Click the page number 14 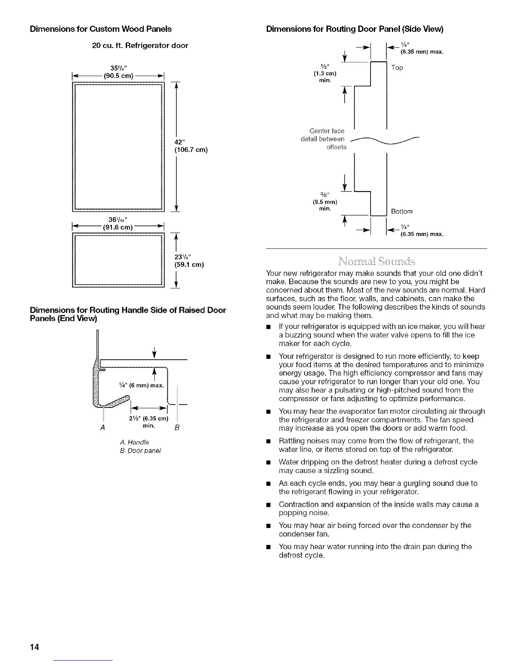(x=34, y=648)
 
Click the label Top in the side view (x=397, y=67)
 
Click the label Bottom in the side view (x=402, y=211)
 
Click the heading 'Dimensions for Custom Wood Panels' (x=101, y=29)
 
